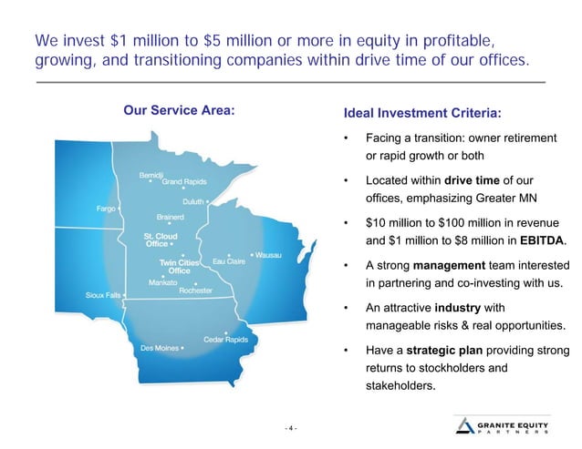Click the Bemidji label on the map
click(x=151, y=174)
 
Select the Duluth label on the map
click(x=192, y=201)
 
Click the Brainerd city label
click(x=171, y=217)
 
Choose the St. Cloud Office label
click(x=159, y=239)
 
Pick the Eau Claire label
click(x=229, y=261)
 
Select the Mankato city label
click(x=163, y=282)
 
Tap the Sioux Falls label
click(x=102, y=296)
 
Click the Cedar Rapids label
click(x=225, y=339)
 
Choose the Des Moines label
click(x=160, y=347)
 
